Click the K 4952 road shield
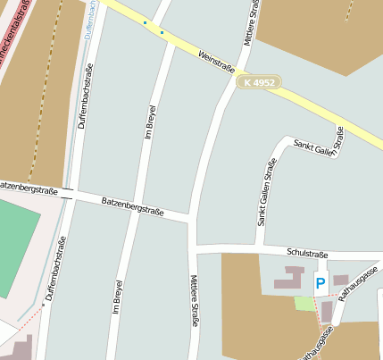260,82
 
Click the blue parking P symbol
320,284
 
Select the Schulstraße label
308,253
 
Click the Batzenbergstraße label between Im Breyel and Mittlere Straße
131,207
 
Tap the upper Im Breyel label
150,130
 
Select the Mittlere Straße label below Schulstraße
194,300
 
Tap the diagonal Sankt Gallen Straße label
319,143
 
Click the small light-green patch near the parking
304,304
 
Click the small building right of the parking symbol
341,280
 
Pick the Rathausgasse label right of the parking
362,282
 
